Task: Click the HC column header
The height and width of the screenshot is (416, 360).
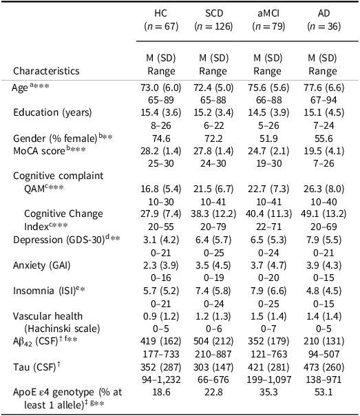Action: [x=160, y=13]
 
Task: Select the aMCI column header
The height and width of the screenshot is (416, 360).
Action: [x=268, y=13]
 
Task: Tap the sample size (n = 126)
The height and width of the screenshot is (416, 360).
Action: [x=213, y=26]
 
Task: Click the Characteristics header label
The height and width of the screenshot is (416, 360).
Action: [x=46, y=71]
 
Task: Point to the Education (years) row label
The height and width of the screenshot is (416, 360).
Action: [x=52, y=112]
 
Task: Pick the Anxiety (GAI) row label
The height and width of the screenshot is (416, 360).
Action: [x=42, y=265]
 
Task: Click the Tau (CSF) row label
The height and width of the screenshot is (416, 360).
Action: [x=36, y=367]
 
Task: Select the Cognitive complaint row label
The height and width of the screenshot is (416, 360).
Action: [x=59, y=176]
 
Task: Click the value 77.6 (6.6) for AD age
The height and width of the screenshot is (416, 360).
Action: [x=324, y=87]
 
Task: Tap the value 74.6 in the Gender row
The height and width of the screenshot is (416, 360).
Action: [x=161, y=138]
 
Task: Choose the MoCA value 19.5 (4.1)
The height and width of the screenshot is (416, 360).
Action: [x=324, y=151]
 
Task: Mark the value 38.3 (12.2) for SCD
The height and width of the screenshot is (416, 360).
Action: [x=213, y=214]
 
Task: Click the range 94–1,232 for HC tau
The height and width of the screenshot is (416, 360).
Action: [x=161, y=379]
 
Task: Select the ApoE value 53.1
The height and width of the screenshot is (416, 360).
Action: [x=324, y=392]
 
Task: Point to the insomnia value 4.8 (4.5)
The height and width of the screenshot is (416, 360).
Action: [x=324, y=291]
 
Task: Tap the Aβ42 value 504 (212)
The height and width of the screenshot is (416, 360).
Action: [x=213, y=341]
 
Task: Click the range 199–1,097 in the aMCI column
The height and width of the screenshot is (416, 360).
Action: [x=268, y=379]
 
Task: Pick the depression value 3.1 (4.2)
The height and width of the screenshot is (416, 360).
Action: [x=161, y=240]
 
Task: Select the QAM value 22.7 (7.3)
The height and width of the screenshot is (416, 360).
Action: [x=268, y=189]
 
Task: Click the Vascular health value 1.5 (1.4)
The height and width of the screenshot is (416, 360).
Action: [x=268, y=316]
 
